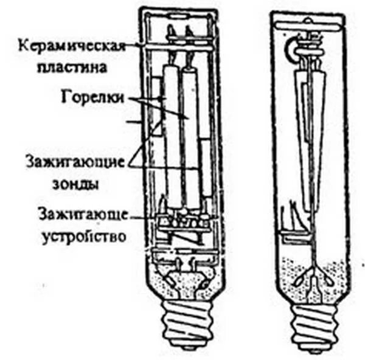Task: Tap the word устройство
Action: pyautogui.click(x=85, y=235)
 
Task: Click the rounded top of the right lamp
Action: pyautogui.click(x=310, y=18)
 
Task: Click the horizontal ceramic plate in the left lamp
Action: pyautogui.click(x=182, y=44)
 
